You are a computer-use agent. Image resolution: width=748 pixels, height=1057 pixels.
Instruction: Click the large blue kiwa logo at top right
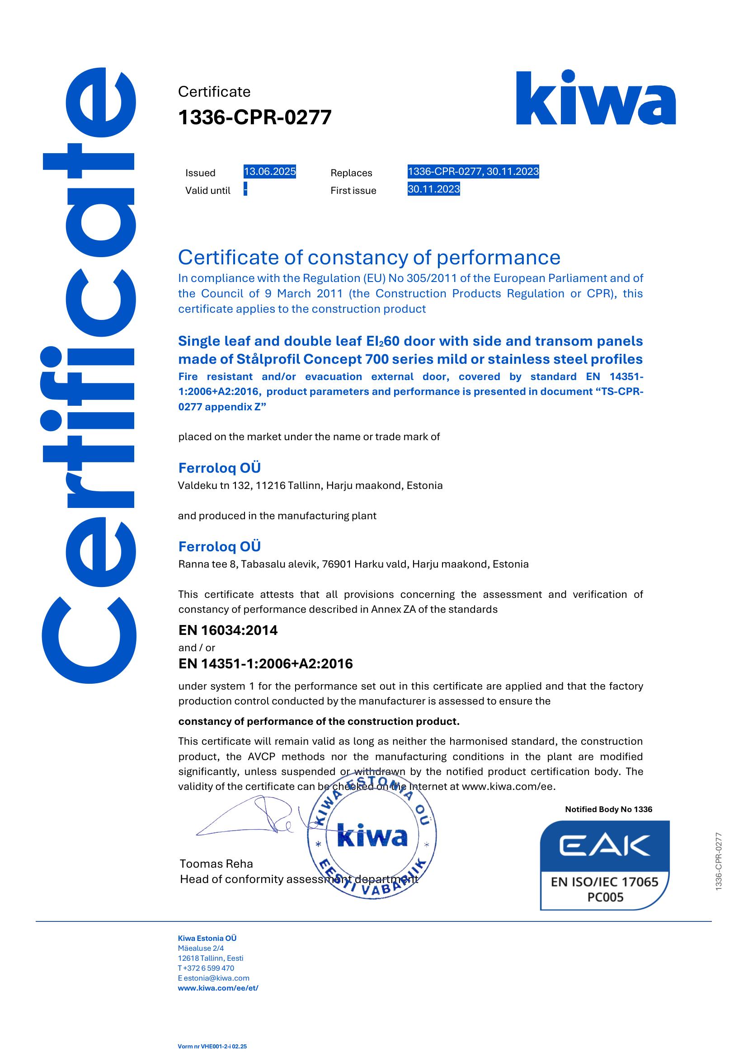(x=596, y=98)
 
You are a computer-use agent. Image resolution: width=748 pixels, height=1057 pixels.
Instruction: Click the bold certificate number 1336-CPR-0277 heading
(x=255, y=117)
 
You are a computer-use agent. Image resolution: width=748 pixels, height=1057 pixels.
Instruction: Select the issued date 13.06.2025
(x=270, y=172)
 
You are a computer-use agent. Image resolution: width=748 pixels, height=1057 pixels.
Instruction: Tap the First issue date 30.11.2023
(x=433, y=189)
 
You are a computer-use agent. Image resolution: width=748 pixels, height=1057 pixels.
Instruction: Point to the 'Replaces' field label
(x=351, y=173)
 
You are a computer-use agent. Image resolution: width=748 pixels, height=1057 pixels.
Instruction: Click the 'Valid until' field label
(x=208, y=191)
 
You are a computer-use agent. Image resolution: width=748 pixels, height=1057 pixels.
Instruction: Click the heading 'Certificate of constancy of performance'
(x=369, y=258)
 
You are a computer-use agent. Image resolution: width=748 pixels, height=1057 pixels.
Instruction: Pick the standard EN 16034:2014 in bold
(x=228, y=630)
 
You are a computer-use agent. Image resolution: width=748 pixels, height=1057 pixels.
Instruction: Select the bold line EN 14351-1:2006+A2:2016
(x=265, y=664)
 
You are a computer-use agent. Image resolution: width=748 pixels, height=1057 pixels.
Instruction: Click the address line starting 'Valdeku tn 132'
(x=310, y=485)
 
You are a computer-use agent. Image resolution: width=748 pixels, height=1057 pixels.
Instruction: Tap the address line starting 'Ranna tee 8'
(x=353, y=564)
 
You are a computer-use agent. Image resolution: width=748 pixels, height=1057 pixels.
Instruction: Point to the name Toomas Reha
(x=216, y=864)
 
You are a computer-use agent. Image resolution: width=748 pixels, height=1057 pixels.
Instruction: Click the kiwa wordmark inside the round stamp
(x=372, y=836)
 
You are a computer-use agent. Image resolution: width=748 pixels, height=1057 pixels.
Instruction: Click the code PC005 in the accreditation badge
(x=605, y=897)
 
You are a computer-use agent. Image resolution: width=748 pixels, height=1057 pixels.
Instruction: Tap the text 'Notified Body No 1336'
(x=608, y=809)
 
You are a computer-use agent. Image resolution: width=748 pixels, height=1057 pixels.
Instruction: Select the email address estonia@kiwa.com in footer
(x=216, y=978)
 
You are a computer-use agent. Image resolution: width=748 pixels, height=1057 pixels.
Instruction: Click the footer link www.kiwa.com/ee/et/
(x=218, y=988)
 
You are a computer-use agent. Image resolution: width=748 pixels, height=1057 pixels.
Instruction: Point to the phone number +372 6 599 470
(x=208, y=968)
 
